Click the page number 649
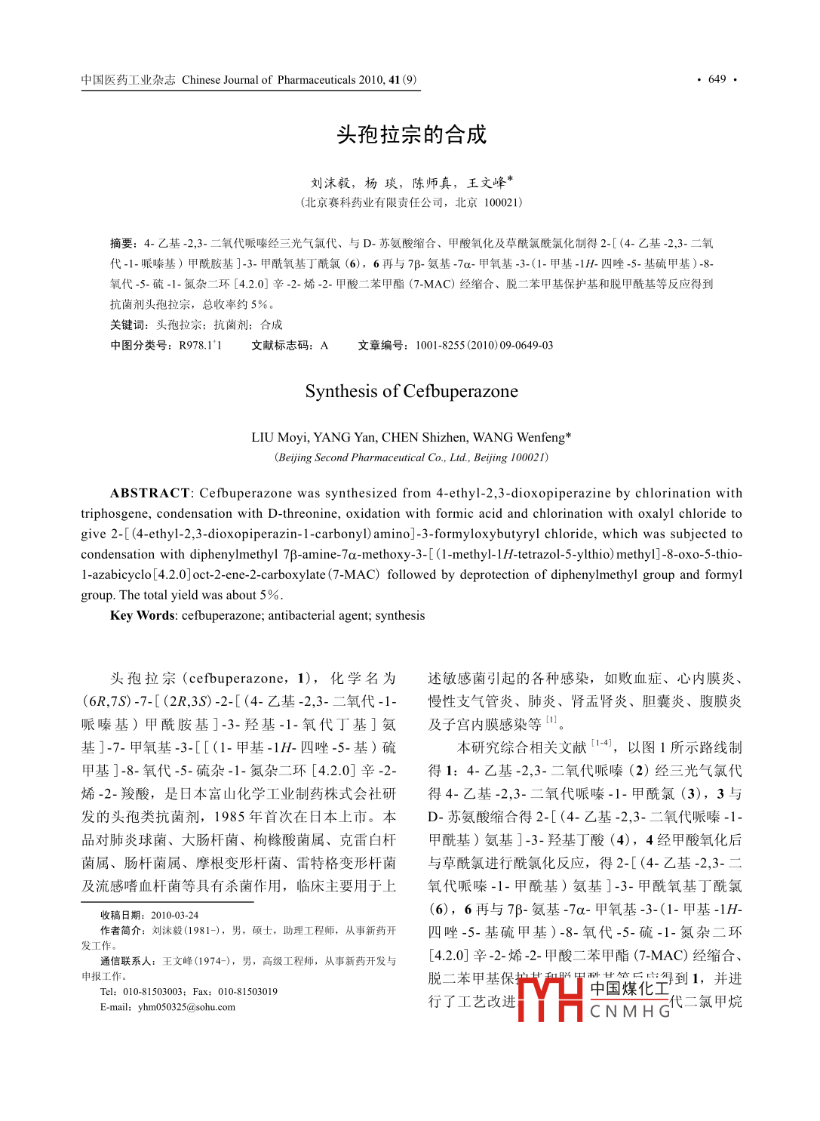coord(717,79)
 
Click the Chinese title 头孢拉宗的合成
coord(411,134)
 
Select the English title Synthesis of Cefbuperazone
coord(411,391)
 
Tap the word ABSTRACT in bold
coord(149,493)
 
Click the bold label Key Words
coord(142,615)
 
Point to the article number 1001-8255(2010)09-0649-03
coord(484,345)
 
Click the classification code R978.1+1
coord(200,345)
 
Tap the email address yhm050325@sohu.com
coord(186,1007)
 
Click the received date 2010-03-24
coord(174,915)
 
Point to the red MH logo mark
coord(551,999)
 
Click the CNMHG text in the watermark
coord(630,1011)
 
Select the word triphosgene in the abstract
coord(115,513)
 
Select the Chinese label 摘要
coord(123,243)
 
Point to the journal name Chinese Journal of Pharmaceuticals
coord(269,80)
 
